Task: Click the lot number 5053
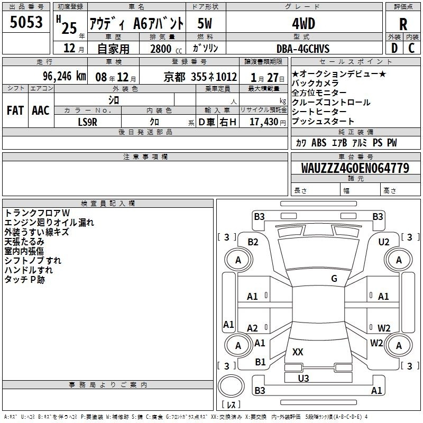(x=26, y=22)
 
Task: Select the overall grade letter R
(x=403, y=24)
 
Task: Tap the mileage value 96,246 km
(x=65, y=76)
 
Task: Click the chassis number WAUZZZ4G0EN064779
(x=355, y=168)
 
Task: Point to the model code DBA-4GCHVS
(x=303, y=49)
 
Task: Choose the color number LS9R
(x=87, y=122)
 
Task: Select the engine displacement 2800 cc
(x=166, y=49)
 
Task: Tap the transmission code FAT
(x=15, y=111)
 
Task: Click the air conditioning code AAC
(x=41, y=111)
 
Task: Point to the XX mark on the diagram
(x=298, y=352)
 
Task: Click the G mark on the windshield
(x=334, y=278)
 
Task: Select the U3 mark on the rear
(x=303, y=378)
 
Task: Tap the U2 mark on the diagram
(x=384, y=242)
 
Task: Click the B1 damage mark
(x=260, y=362)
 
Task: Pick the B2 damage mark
(x=253, y=242)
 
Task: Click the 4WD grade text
(x=304, y=24)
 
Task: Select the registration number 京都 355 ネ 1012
(x=200, y=77)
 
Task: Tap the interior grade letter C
(x=411, y=48)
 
